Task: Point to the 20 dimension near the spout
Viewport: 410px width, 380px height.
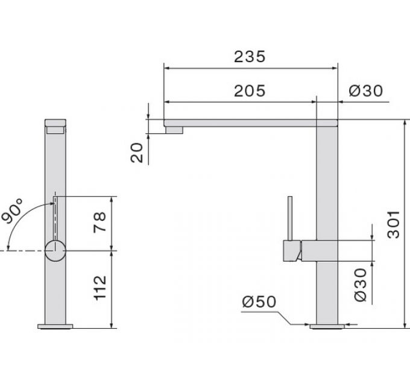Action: (x=138, y=152)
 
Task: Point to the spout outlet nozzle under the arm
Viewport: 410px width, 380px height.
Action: (x=174, y=128)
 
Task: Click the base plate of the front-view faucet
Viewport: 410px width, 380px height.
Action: (x=55, y=327)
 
